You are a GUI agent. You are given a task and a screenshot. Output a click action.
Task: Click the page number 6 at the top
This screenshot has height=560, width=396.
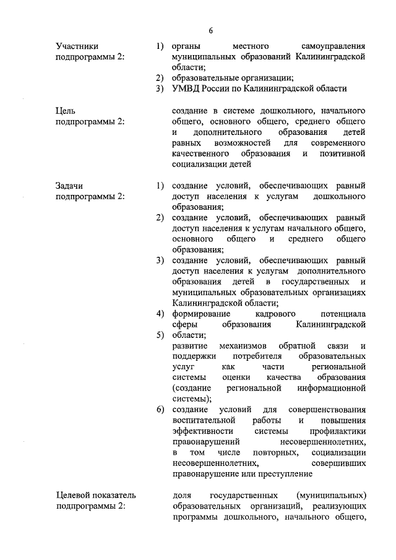[x=210, y=31]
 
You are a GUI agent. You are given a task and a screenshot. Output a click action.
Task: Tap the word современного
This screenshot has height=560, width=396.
[x=339, y=143]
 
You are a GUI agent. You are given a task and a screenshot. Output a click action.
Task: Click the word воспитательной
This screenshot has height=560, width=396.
[x=207, y=420]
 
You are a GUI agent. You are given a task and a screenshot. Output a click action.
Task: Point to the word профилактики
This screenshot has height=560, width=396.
[x=340, y=431]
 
